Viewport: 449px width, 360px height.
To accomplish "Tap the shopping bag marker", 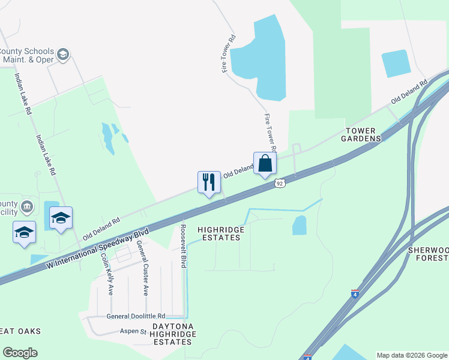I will (265, 164).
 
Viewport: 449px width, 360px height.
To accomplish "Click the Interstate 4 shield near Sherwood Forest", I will (355, 295).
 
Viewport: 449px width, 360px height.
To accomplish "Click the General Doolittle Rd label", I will (136, 316).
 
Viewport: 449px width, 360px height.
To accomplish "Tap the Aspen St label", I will (135, 331).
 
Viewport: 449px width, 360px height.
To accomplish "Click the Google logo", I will (20, 353).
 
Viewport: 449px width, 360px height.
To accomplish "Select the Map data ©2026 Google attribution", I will (412, 355).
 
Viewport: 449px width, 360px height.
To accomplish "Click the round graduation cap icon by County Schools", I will (62, 56).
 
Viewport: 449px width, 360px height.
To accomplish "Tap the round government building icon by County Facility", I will (27, 208).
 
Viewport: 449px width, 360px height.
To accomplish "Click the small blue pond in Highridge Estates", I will (299, 226).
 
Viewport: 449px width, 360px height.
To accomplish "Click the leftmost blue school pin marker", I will (24, 232).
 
